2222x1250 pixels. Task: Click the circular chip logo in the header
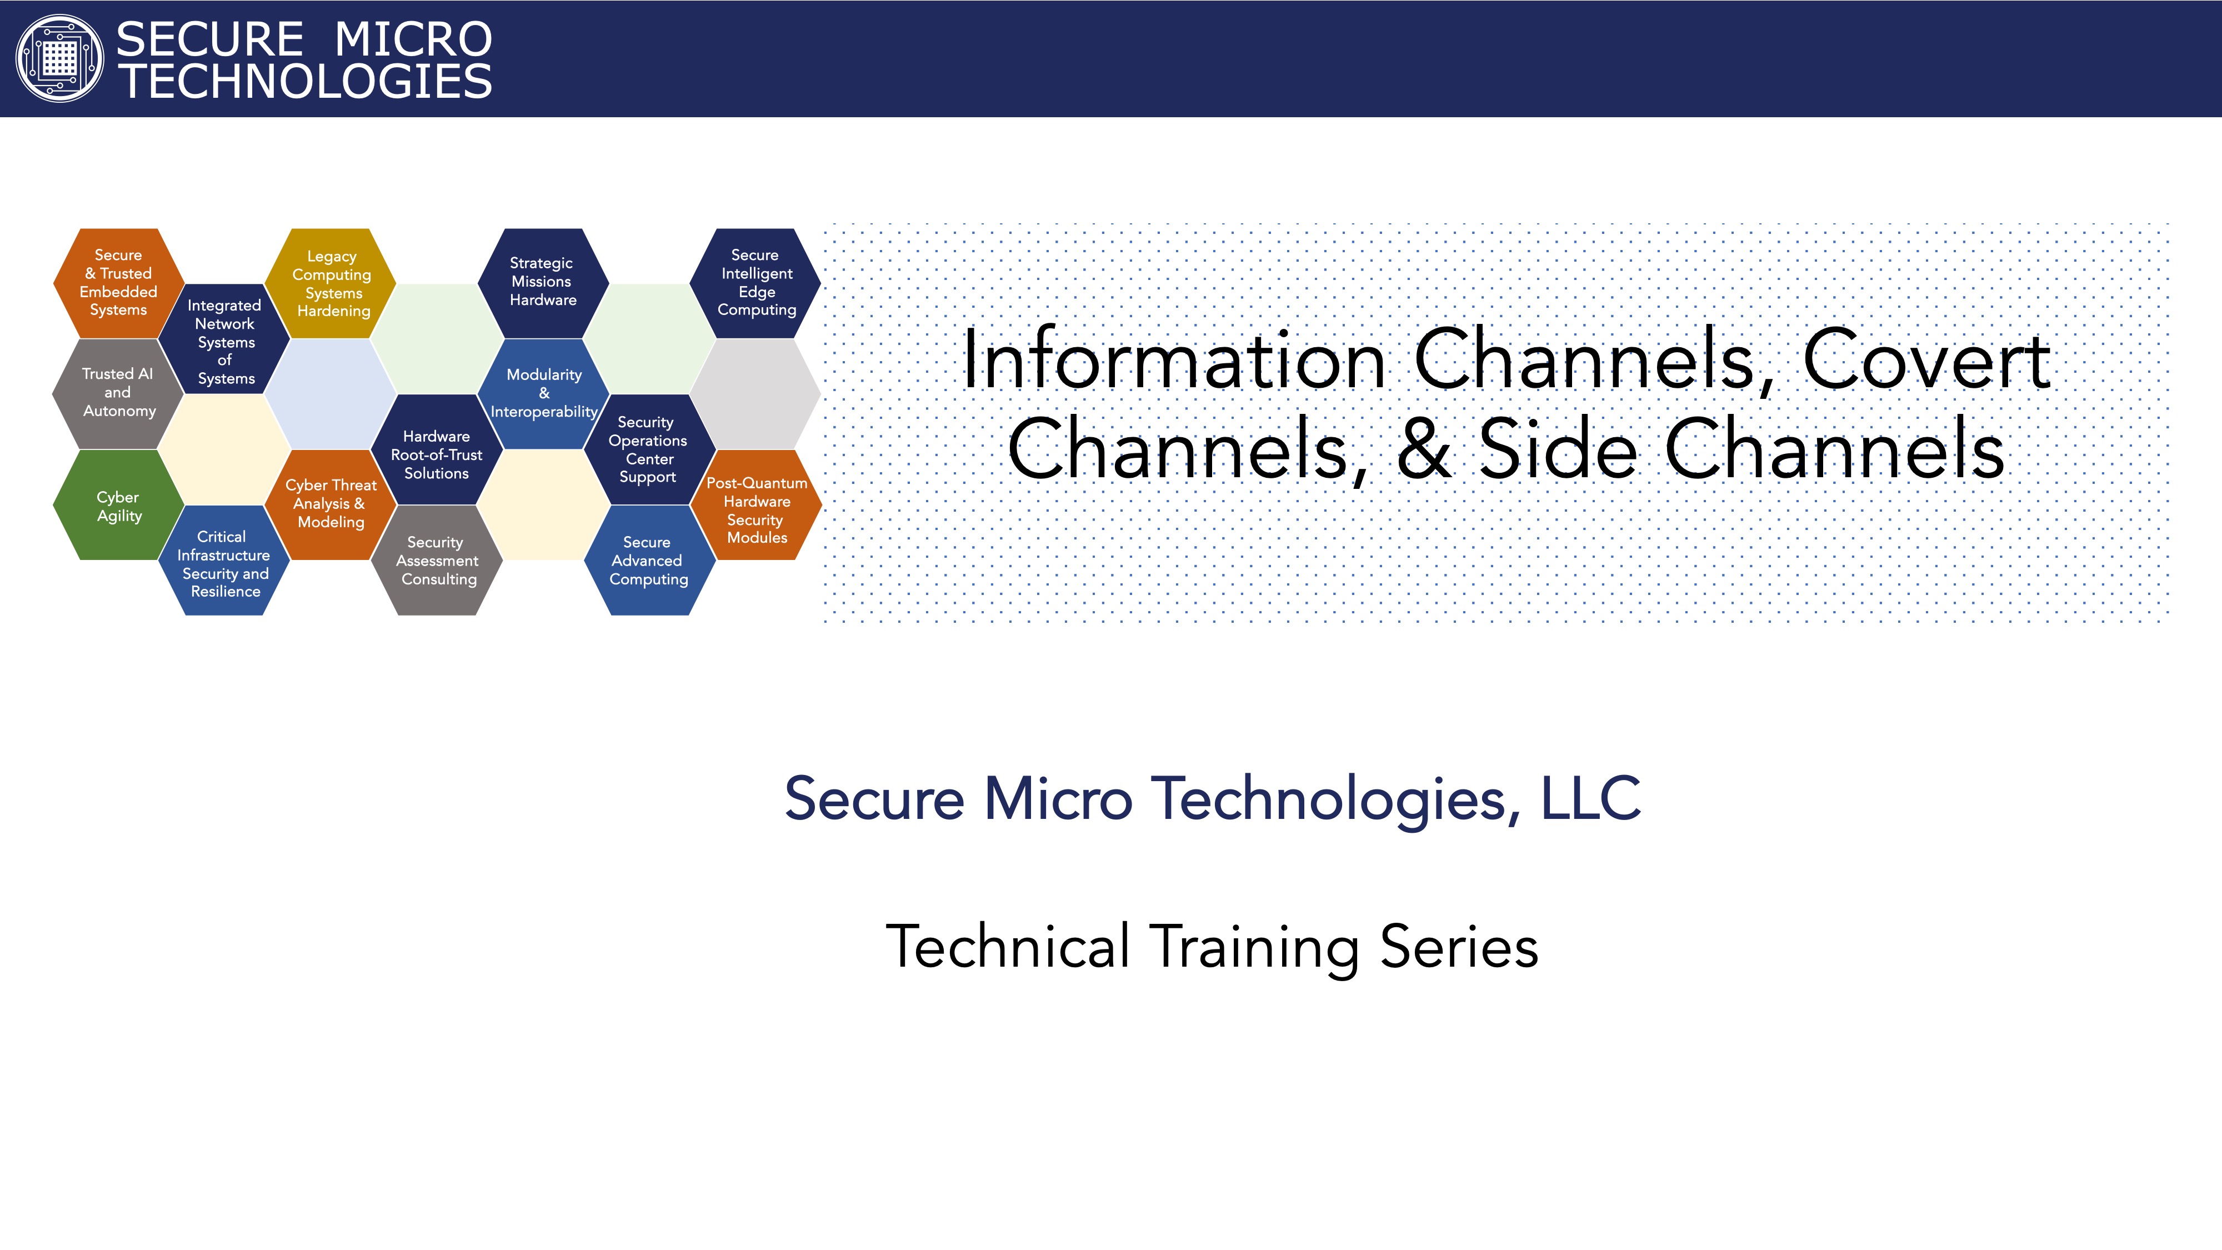click(59, 59)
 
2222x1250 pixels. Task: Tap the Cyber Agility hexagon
click(118, 506)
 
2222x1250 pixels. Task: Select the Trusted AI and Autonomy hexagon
click(118, 393)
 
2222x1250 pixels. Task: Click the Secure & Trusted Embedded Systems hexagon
click(118, 283)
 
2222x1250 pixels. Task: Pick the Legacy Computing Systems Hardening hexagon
click(331, 283)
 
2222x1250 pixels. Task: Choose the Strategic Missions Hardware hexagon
click(543, 283)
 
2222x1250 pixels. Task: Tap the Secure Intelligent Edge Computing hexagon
click(755, 283)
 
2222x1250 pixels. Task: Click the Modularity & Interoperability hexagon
click(543, 393)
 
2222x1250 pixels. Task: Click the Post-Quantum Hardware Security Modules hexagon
click(755, 506)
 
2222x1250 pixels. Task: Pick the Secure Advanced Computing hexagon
click(649, 561)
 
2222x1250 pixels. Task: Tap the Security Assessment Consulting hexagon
click(437, 561)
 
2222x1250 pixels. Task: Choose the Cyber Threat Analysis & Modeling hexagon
click(331, 506)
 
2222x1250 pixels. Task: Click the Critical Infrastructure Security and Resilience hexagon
click(224, 561)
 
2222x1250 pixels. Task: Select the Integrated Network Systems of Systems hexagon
click(224, 339)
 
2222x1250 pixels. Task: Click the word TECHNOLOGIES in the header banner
click(304, 82)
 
